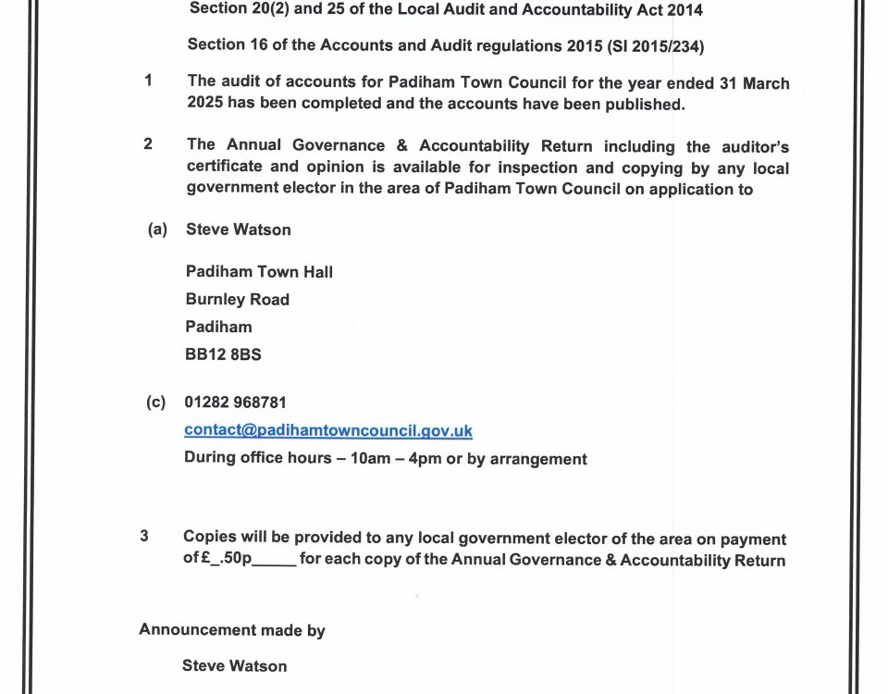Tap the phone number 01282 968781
(236, 403)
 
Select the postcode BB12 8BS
(223, 353)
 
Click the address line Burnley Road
(237, 300)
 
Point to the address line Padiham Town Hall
(259, 272)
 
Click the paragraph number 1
(148, 81)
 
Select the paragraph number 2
(148, 144)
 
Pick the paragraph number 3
(144, 536)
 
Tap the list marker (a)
(156, 229)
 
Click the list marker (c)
(155, 403)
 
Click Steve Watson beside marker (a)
(238, 229)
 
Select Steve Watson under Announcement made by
(234, 665)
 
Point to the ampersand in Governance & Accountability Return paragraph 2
(399, 145)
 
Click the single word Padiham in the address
(218, 327)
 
